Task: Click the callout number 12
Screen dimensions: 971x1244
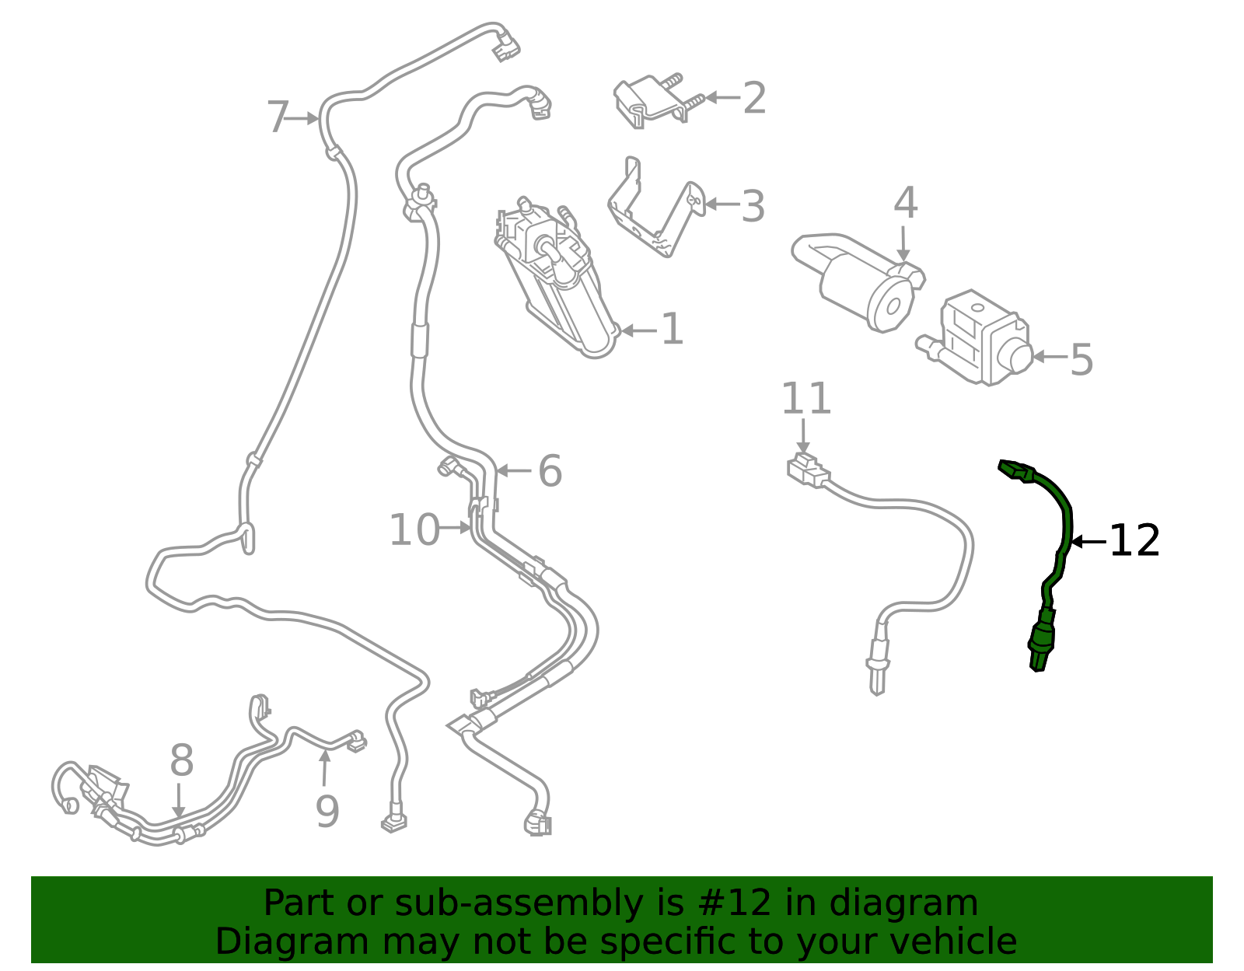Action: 1134,541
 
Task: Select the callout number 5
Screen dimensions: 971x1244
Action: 1082,359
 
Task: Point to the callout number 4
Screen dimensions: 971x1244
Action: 905,204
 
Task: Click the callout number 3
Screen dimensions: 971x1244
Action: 753,207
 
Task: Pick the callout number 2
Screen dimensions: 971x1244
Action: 754,99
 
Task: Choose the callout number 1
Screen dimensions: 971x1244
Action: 672,330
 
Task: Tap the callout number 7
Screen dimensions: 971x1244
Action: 278,118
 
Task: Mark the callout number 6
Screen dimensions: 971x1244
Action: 550,471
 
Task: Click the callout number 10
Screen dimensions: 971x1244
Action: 414,530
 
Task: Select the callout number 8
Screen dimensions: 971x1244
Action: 181,760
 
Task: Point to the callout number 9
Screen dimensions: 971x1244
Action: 327,812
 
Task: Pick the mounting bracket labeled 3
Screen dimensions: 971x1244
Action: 653,214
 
